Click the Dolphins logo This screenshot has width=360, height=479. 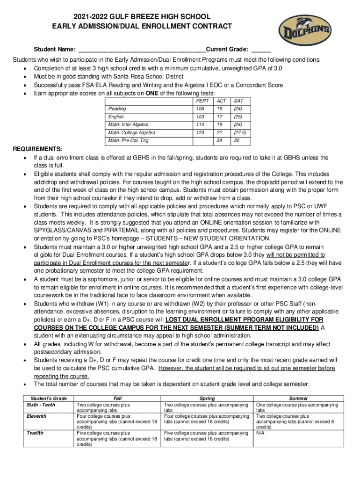click(x=305, y=32)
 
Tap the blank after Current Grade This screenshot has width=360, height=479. click(x=261, y=50)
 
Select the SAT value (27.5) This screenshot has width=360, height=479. click(x=240, y=133)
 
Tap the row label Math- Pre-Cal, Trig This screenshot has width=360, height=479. click(x=128, y=141)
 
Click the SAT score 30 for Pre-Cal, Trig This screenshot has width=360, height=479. click(x=237, y=141)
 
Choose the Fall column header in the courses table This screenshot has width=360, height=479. click(x=117, y=398)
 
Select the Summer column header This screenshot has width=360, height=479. click(x=299, y=398)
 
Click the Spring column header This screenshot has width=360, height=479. click(x=207, y=398)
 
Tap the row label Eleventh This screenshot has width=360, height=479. click(x=36, y=416)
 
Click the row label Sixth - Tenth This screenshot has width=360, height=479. click(x=42, y=404)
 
